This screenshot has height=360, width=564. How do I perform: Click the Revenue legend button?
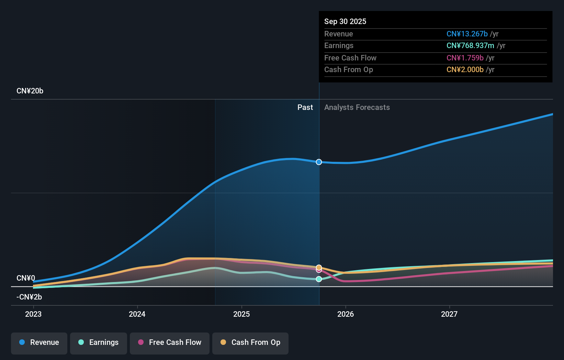click(x=39, y=342)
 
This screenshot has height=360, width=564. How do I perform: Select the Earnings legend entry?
click(x=99, y=342)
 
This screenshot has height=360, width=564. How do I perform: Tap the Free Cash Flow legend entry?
click(x=170, y=342)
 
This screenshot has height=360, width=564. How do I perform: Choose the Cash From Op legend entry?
click(x=250, y=342)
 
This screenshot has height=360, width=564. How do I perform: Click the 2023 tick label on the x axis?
click(x=33, y=314)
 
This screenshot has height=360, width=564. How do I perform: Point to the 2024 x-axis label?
click(x=137, y=314)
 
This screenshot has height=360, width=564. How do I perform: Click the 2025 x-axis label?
click(x=241, y=314)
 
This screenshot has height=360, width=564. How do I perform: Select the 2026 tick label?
click(x=346, y=314)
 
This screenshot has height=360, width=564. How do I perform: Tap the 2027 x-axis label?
click(x=449, y=314)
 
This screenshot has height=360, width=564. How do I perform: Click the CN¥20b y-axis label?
click(x=30, y=91)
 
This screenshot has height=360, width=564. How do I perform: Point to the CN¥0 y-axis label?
click(x=26, y=278)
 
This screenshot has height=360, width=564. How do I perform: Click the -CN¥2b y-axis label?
click(x=29, y=297)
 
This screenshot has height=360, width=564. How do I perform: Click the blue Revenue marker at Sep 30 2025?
click(x=319, y=162)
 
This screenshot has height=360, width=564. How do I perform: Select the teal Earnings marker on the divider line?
click(x=319, y=279)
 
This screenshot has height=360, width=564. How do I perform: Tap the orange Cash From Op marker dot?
click(x=319, y=267)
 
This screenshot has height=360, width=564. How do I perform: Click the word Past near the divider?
click(x=305, y=108)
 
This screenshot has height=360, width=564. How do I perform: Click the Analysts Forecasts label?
click(x=357, y=108)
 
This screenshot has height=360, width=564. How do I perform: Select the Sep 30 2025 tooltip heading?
click(x=345, y=21)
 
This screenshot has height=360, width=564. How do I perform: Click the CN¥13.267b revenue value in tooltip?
click(x=467, y=34)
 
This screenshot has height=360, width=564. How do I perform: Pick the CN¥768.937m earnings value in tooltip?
click(x=470, y=46)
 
